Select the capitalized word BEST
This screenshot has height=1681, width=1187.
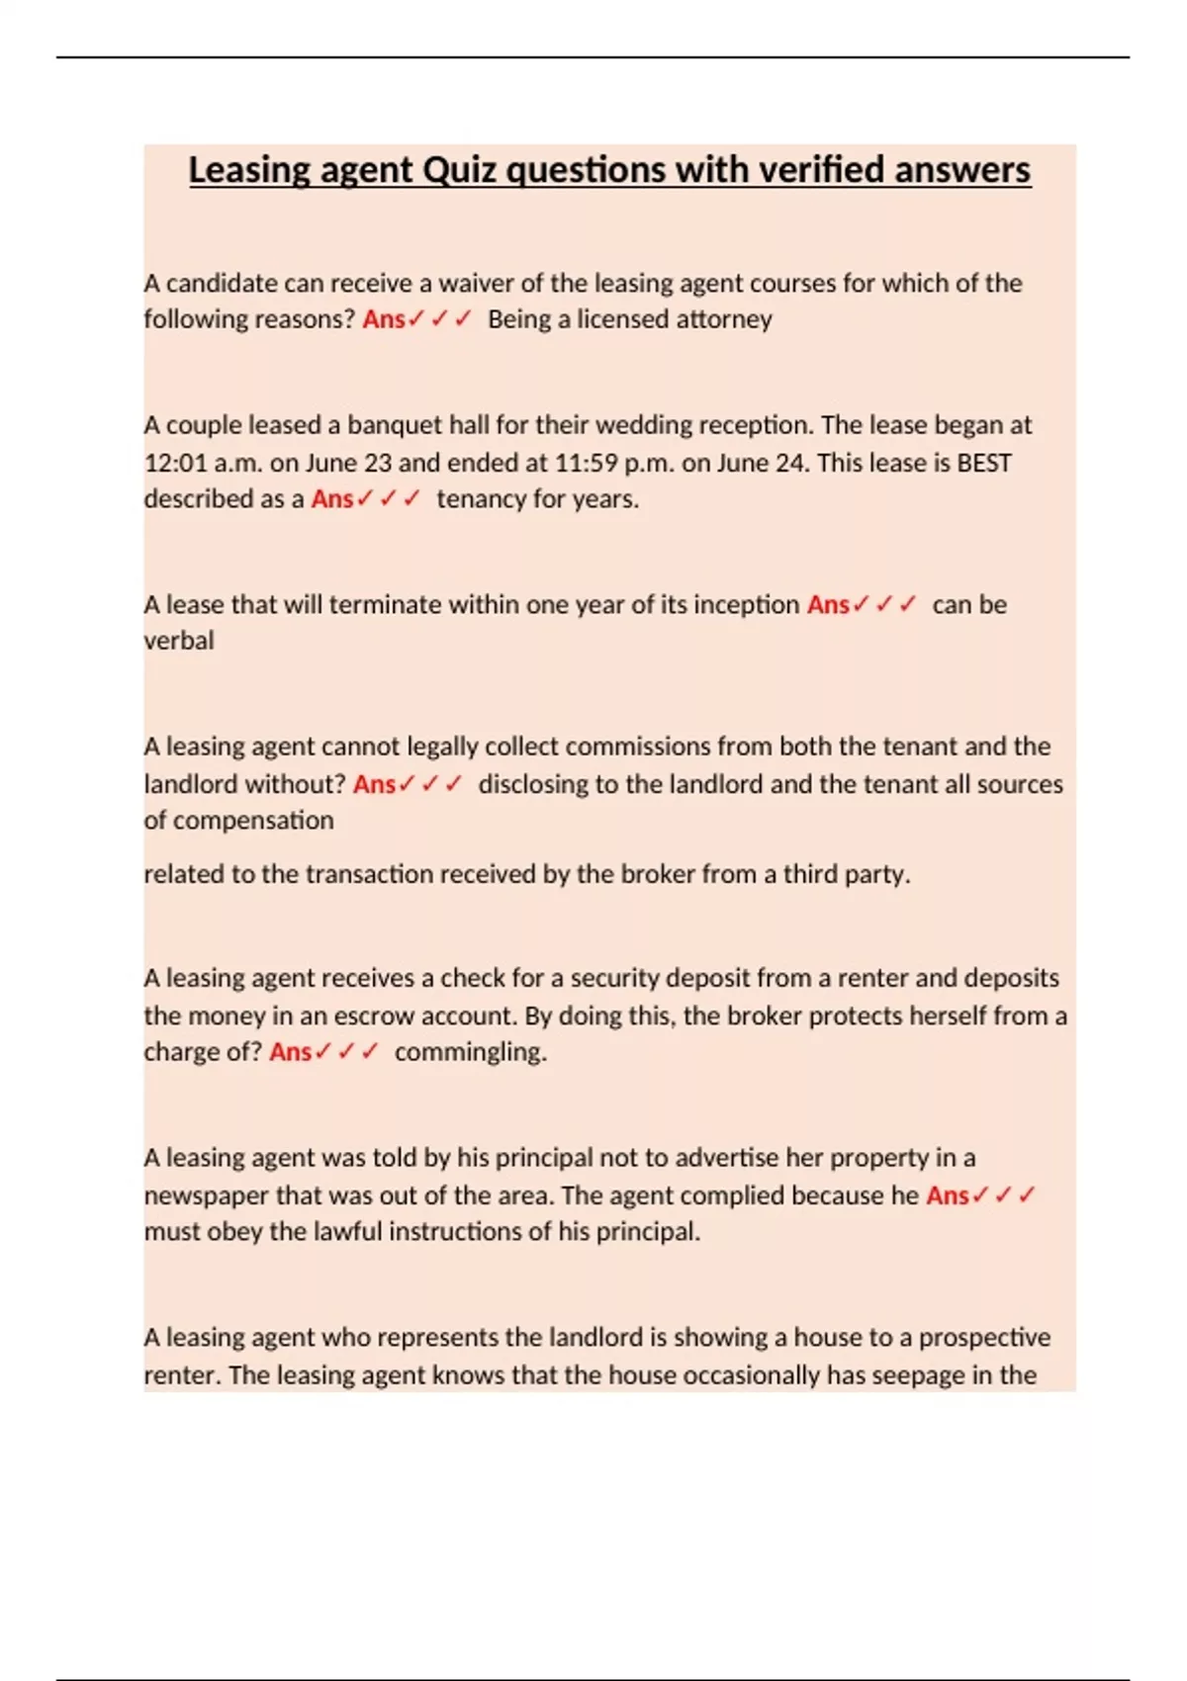pyautogui.click(x=984, y=463)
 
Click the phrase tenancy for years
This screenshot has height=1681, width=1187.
pyautogui.click(x=537, y=499)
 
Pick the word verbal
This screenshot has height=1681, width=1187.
pyautogui.click(x=179, y=641)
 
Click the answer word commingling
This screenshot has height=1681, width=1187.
pyautogui.click(x=470, y=1052)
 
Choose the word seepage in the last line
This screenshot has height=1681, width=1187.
pyautogui.click(x=919, y=1375)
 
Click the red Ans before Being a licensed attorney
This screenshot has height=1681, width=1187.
pyautogui.click(x=384, y=319)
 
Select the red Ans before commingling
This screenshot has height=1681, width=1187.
pyautogui.click(x=290, y=1052)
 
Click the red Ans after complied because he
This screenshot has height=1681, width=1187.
pyautogui.click(x=947, y=1195)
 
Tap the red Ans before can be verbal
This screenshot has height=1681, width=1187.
pyautogui.click(x=828, y=605)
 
